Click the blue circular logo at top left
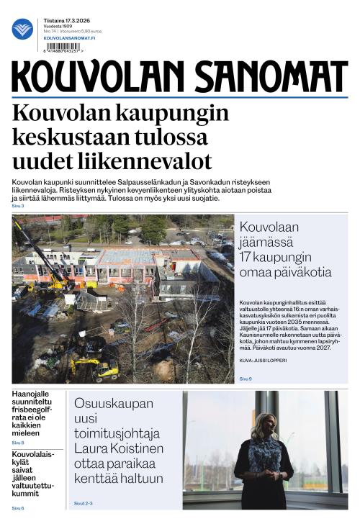tap(22, 29)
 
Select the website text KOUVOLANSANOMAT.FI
tap(69, 37)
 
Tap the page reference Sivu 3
tap(18, 207)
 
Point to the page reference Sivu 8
tap(18, 443)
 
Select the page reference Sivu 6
tap(18, 508)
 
